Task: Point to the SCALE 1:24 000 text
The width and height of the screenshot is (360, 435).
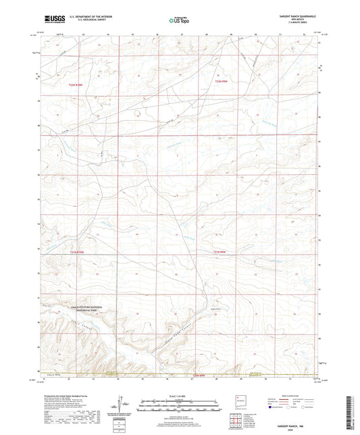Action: (x=180, y=396)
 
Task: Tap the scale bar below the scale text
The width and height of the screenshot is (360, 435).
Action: (x=180, y=404)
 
